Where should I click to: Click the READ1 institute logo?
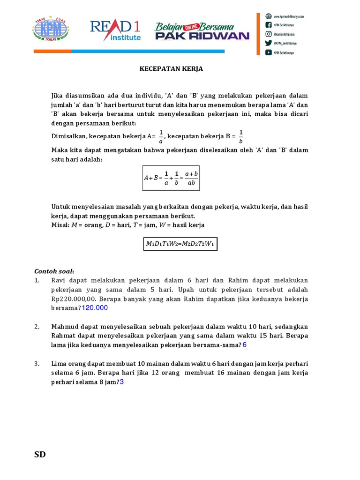pyautogui.click(x=115, y=30)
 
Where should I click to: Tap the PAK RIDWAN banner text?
pyautogui.click(x=202, y=36)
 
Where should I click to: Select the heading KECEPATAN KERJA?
pyautogui.click(x=171, y=69)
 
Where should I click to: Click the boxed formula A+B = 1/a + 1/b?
pyautogui.click(x=171, y=178)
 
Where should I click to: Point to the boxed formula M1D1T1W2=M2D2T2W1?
pyautogui.click(x=180, y=244)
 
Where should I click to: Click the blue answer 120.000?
pyautogui.click(x=95, y=308)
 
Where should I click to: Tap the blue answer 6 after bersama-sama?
pyautogui.click(x=244, y=345)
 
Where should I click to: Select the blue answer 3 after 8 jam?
pyautogui.click(x=122, y=382)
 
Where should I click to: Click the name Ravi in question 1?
pyautogui.click(x=59, y=280)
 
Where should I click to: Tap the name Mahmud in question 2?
pyautogui.click(x=65, y=327)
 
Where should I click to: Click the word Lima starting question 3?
pyautogui.click(x=59, y=364)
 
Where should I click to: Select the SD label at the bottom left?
pyautogui.click(x=40, y=454)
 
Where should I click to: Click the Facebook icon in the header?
pyautogui.click(x=269, y=25)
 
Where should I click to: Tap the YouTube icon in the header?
pyautogui.click(x=269, y=52)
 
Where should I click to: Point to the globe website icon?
pyautogui.click(x=269, y=15)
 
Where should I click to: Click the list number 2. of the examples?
pyautogui.click(x=37, y=327)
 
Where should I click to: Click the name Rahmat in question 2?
pyautogui.click(x=65, y=336)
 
